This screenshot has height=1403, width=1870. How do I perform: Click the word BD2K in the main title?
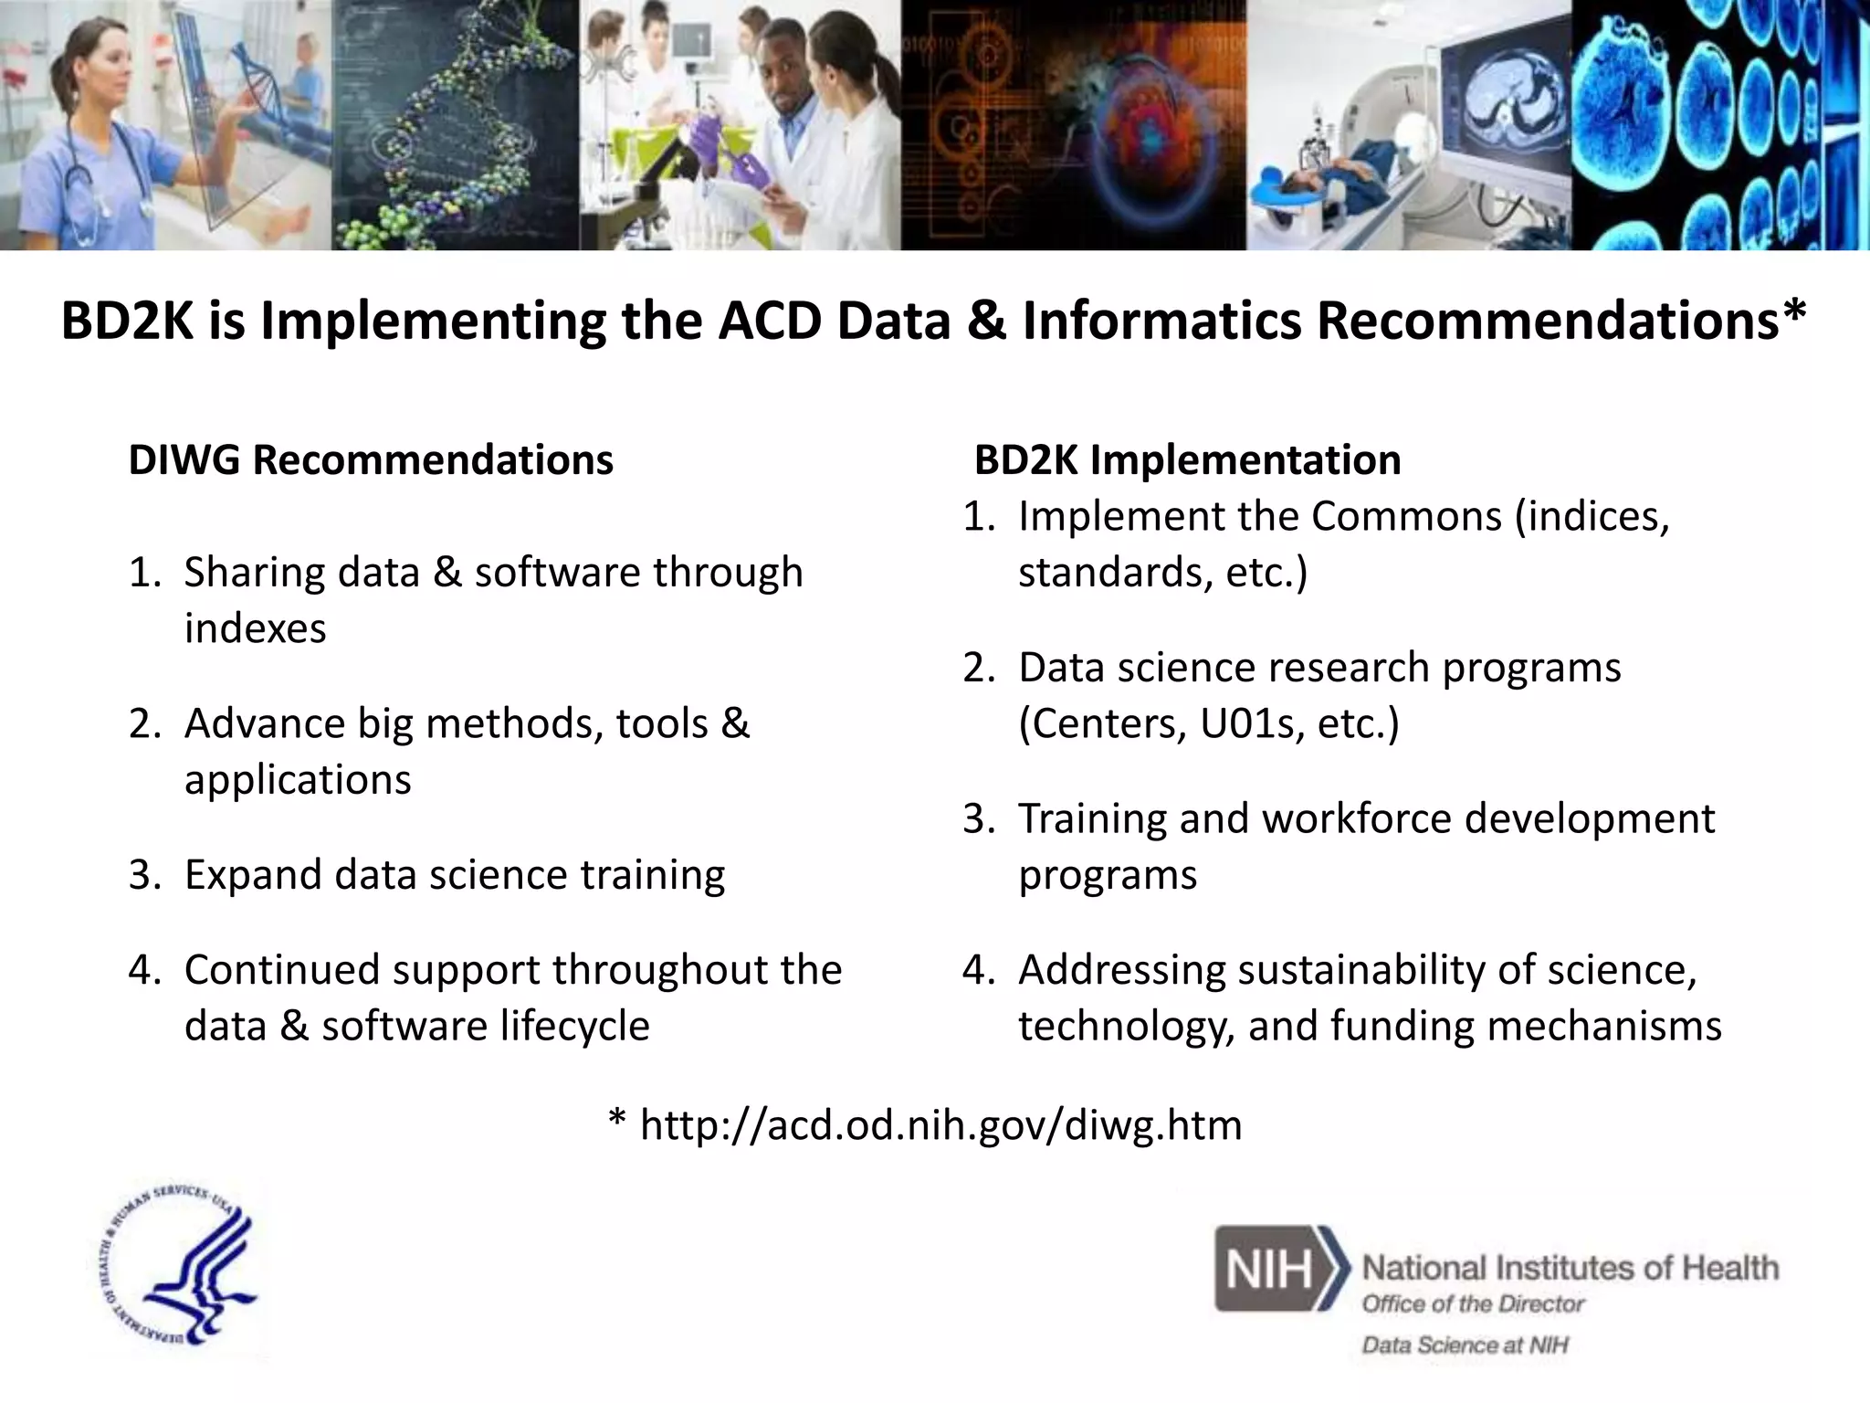click(126, 322)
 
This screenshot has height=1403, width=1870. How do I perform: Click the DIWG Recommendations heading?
click(371, 459)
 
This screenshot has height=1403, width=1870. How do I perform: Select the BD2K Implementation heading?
click(1187, 459)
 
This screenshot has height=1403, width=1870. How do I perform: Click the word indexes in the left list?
click(255, 628)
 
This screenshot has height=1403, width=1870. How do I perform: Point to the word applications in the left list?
click(298, 780)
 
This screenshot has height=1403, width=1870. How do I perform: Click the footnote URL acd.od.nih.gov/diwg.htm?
click(940, 1124)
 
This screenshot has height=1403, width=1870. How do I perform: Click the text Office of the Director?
click(1473, 1304)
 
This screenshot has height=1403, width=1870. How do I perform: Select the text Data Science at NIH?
click(1465, 1345)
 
